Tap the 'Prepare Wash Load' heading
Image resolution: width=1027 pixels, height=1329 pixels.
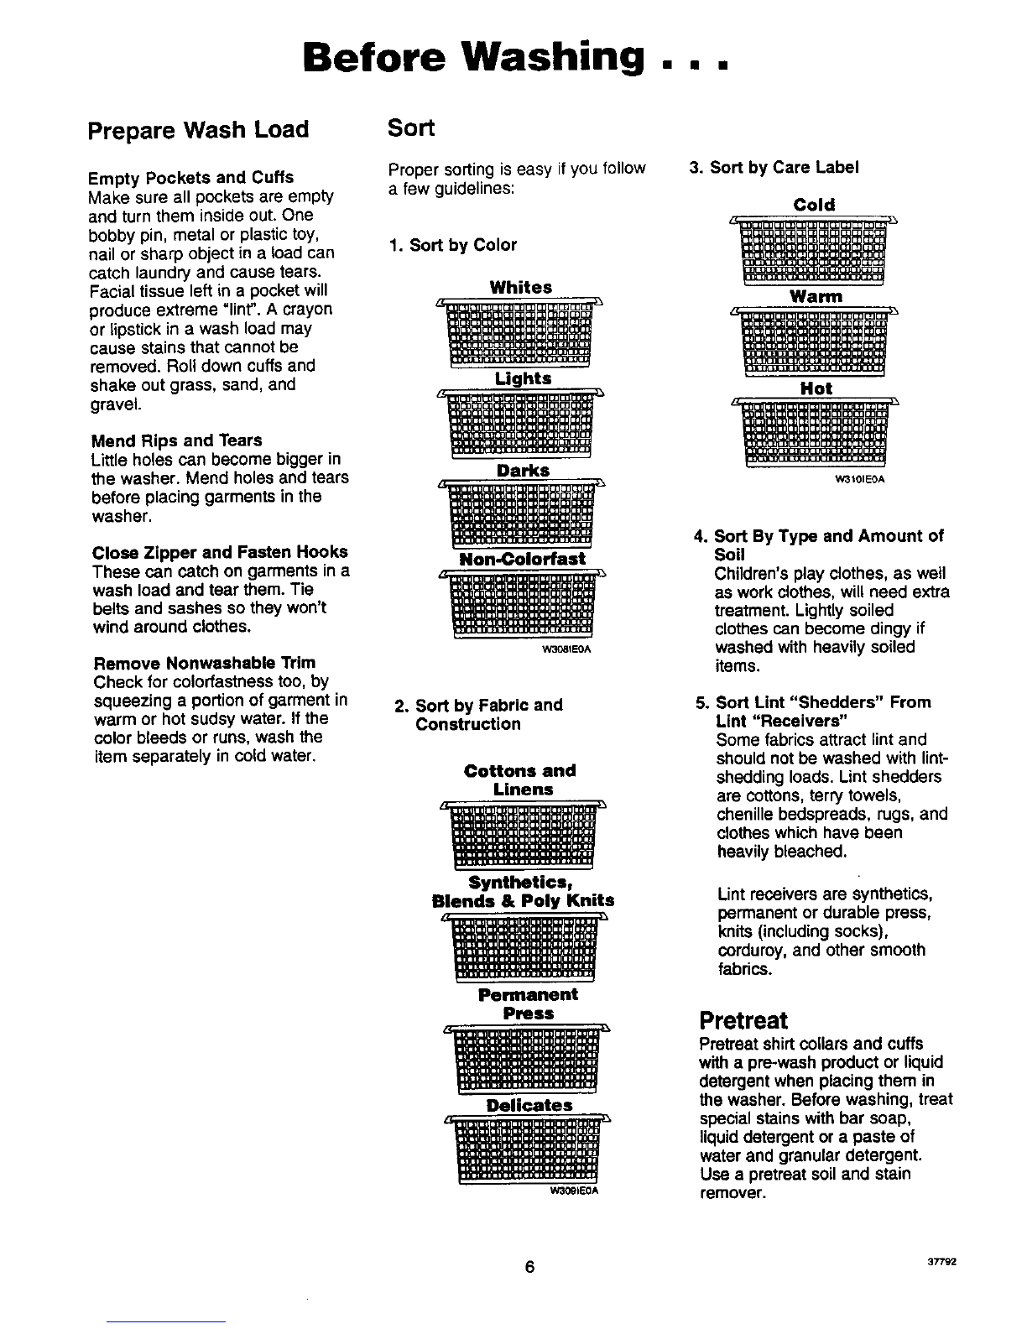[199, 130]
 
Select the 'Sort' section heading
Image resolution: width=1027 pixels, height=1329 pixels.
[411, 128]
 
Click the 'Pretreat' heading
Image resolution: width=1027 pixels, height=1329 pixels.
[743, 1020]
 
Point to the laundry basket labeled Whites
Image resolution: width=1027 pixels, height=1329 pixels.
[520, 331]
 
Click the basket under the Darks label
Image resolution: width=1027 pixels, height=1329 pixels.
[520, 514]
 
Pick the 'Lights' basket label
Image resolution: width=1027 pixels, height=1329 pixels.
[523, 378]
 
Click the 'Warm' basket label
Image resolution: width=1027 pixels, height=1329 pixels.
[816, 297]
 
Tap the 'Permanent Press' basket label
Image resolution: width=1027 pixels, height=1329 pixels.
[528, 1003]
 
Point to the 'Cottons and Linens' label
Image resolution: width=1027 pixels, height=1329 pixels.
[520, 779]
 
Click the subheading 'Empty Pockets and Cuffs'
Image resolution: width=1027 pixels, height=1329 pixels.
[191, 178]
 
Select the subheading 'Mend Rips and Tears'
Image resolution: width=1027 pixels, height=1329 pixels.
[175, 440]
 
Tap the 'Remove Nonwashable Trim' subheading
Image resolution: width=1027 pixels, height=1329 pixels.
[205, 663]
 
